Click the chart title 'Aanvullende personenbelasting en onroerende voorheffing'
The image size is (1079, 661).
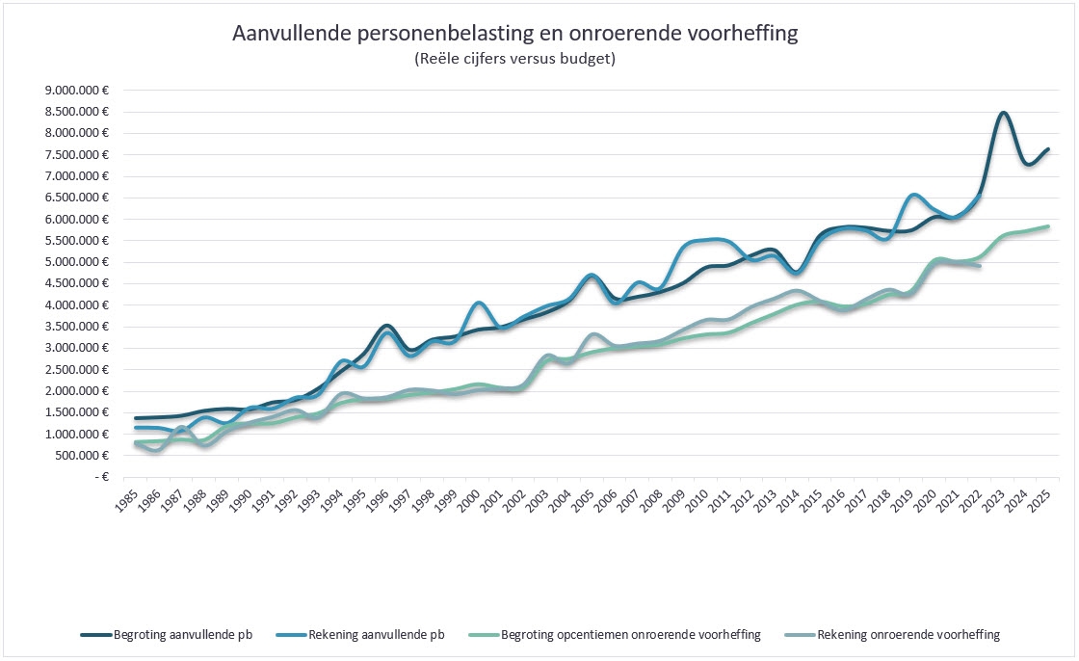pyautogui.click(x=515, y=34)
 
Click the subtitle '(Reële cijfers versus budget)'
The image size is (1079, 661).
pyautogui.click(x=514, y=60)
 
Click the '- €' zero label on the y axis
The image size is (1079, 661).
pyautogui.click(x=97, y=476)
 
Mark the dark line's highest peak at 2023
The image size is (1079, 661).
pyautogui.click(x=1003, y=113)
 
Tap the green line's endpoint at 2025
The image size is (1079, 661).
pyautogui.click(x=1048, y=226)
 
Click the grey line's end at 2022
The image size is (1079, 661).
pyautogui.click(x=980, y=266)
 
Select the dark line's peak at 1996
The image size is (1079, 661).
pyautogui.click(x=386, y=326)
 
